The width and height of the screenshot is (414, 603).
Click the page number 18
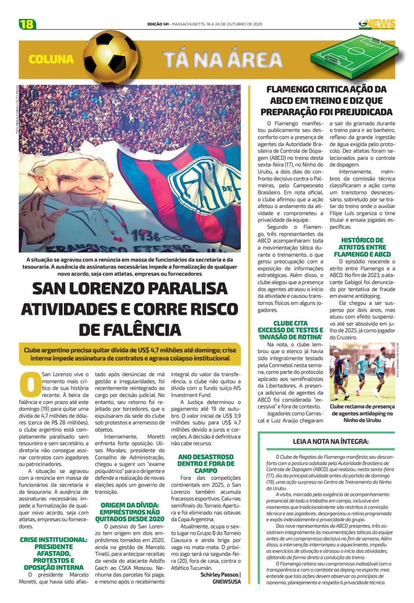pos(27,24)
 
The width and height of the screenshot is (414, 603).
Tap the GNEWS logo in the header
pos(377,24)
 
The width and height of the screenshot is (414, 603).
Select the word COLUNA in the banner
pos(51,59)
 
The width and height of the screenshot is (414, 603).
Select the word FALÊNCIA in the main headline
pos(130,330)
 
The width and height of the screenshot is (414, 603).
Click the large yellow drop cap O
pos(30,384)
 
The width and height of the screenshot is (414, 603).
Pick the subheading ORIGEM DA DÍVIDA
pos(130,512)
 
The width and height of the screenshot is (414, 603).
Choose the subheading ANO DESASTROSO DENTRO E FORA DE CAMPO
pos(206,464)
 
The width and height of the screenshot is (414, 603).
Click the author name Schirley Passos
pos(220,574)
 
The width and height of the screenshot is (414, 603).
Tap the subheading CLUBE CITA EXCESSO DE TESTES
pos(290,330)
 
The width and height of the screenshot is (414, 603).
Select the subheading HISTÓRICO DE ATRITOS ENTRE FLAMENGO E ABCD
pos(362,247)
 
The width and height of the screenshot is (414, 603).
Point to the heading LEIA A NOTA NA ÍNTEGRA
pos(330,441)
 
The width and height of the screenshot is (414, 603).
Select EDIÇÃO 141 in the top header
pos(158,24)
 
